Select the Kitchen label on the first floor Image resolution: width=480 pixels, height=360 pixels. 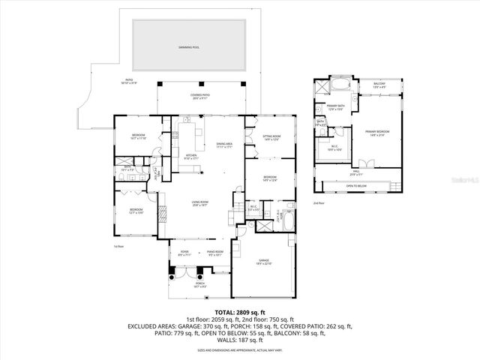191,157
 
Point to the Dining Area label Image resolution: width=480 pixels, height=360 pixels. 224,145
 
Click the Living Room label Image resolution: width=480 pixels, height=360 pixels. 199,203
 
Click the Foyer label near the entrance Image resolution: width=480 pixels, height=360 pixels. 184,253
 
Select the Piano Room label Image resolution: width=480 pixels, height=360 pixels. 214,253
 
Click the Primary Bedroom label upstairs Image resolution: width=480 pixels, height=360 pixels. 375,133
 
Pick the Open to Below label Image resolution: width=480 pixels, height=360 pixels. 356,184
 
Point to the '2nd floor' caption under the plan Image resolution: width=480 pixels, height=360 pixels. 319,203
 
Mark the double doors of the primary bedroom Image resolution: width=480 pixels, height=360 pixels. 365,163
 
